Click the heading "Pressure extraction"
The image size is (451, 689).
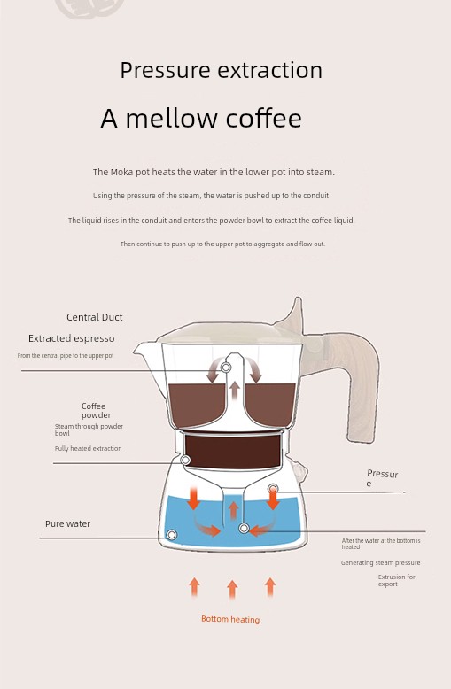point(222,70)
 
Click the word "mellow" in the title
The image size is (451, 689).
point(172,118)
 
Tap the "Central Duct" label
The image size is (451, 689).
point(95,317)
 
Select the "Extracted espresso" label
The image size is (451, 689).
point(71,339)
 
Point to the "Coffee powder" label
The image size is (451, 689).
point(96,410)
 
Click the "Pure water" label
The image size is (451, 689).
point(67,523)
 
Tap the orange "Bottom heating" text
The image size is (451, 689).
point(230,619)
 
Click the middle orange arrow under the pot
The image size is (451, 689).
point(232,590)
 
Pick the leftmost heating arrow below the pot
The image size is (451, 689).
point(194,588)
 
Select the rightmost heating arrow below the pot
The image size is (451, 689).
point(270,588)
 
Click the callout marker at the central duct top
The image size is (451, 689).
point(226,368)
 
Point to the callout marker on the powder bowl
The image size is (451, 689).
point(185,460)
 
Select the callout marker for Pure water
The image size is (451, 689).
point(172,535)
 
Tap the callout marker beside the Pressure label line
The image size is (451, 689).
point(273,489)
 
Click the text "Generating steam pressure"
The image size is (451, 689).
point(380,563)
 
